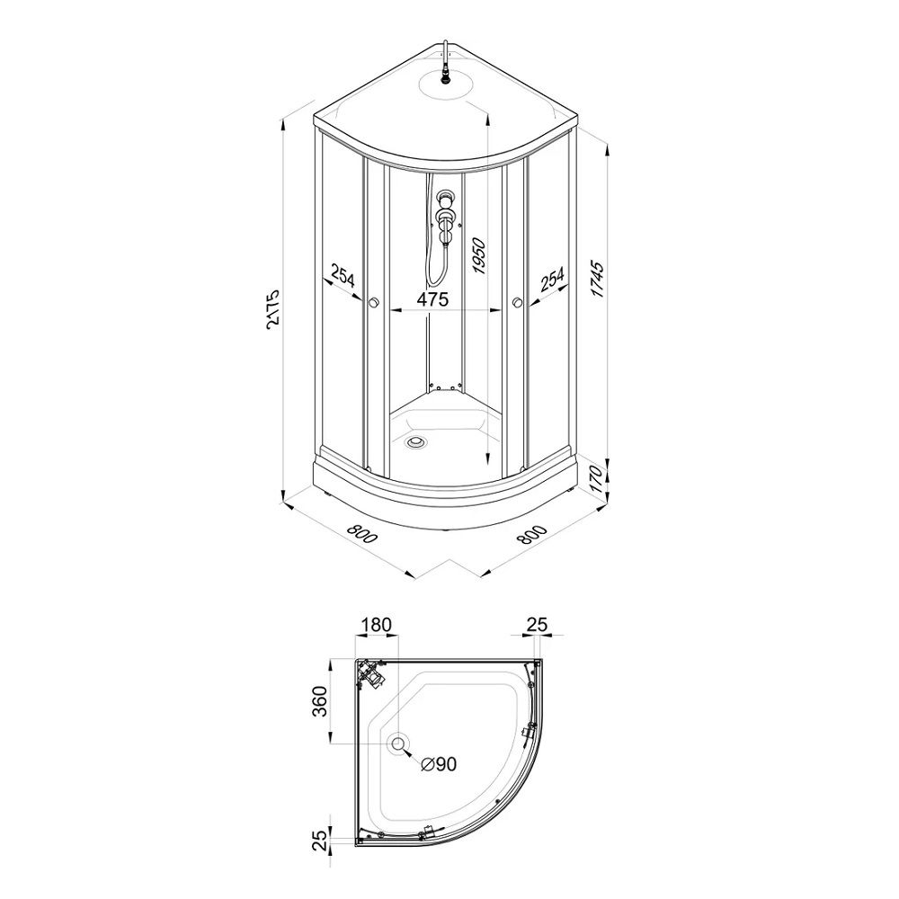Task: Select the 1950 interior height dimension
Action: click(x=478, y=256)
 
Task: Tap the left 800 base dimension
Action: click(x=362, y=534)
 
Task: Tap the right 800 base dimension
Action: click(x=532, y=534)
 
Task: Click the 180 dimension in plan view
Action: click(x=376, y=625)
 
